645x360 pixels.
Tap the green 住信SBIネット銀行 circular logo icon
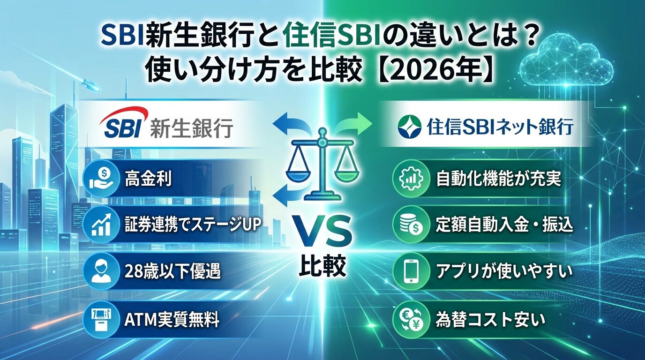(x=408, y=125)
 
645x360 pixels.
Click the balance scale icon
(x=322, y=166)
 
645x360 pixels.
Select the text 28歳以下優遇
(x=173, y=272)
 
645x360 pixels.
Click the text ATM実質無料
(x=172, y=320)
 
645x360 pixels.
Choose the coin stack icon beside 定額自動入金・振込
(x=410, y=225)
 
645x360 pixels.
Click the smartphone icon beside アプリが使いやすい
(x=410, y=271)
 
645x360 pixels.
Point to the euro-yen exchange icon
(x=410, y=319)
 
